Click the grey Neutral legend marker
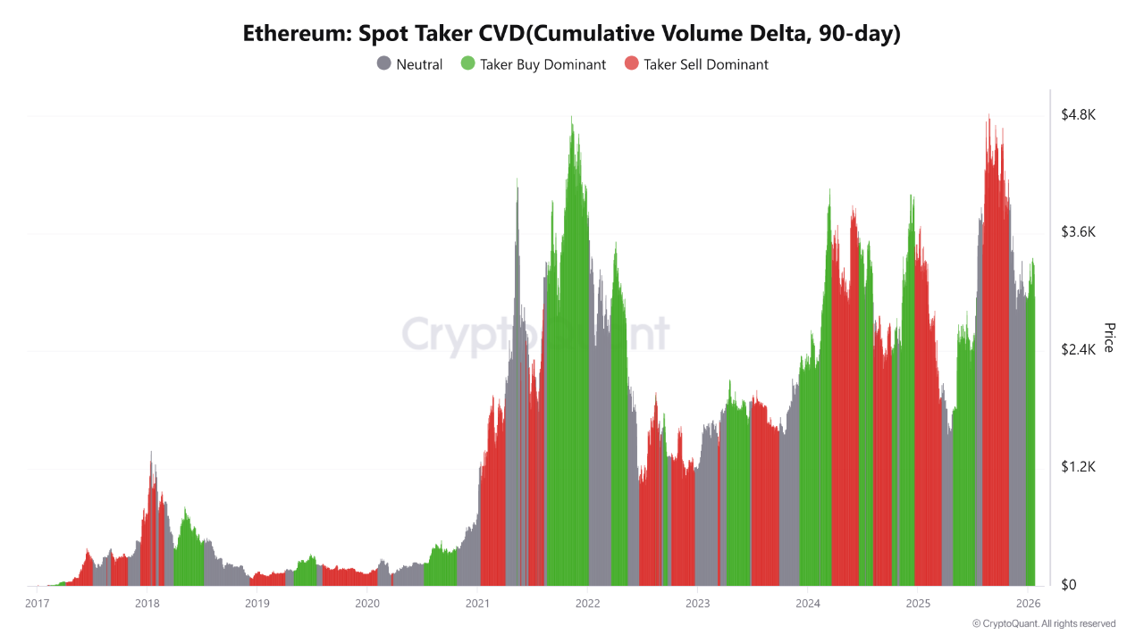(384, 64)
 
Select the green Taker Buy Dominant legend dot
(467, 64)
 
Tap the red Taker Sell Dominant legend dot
(632, 64)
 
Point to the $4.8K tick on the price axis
(1078, 115)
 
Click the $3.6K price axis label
(1078, 232)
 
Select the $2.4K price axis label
(1078, 350)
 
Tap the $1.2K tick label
(1078, 467)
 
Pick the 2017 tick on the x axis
(38, 604)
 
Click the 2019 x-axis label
(257, 604)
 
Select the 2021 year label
(477, 604)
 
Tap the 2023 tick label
(697, 604)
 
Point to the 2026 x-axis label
(1027, 604)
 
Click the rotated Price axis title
(1109, 338)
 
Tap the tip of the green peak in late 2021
(572, 117)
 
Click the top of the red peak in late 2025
(988, 115)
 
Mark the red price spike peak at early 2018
(151, 452)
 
